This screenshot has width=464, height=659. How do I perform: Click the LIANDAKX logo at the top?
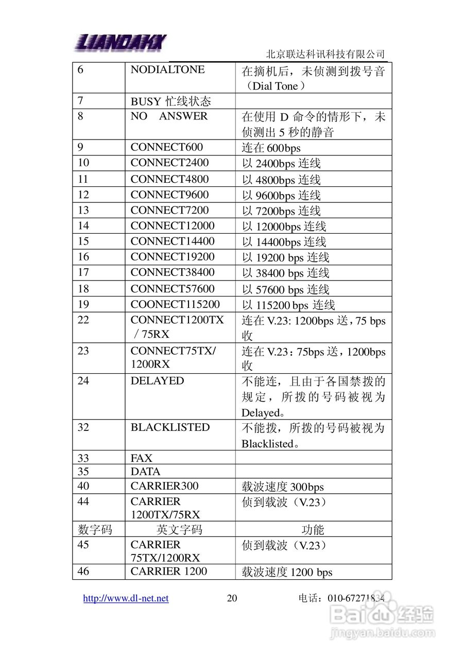(x=121, y=41)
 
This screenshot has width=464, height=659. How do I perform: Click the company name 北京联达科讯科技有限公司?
(x=325, y=54)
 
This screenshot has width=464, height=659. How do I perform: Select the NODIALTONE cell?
(x=167, y=70)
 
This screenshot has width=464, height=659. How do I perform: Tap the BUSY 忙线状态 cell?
(x=170, y=101)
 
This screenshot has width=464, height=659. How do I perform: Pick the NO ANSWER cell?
(x=169, y=116)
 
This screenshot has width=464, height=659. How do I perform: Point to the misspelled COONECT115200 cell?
(x=175, y=304)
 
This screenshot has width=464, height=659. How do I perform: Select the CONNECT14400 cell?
(x=173, y=241)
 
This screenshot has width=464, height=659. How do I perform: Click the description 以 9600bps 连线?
(x=281, y=195)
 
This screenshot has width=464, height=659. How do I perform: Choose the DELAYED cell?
(x=157, y=381)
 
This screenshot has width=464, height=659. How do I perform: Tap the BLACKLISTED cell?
(x=170, y=428)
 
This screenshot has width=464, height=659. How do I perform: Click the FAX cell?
(x=142, y=458)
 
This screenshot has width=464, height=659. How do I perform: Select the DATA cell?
(x=145, y=472)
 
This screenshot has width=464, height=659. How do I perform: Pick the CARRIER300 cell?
(x=164, y=486)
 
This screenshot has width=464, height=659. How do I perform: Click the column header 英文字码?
(x=179, y=530)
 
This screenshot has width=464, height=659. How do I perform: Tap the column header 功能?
(x=313, y=530)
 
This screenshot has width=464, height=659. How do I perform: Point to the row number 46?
(x=83, y=571)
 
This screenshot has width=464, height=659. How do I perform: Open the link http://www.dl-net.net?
(x=126, y=598)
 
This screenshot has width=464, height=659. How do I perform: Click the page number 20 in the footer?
(x=232, y=598)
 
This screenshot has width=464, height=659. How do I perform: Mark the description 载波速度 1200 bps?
(x=287, y=572)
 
